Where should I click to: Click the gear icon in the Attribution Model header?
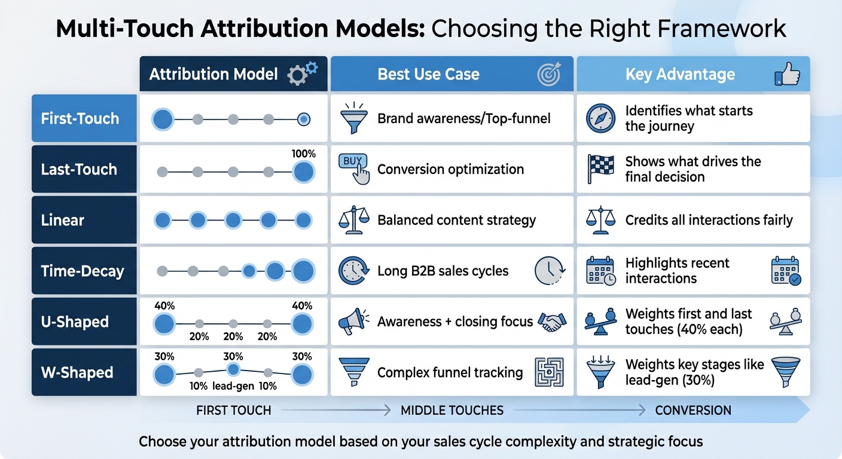pos(302,74)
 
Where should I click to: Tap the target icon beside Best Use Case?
pos(549,74)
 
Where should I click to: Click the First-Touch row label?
pos(80,118)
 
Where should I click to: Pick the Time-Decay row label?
pos(83,271)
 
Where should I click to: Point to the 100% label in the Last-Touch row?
pos(303,154)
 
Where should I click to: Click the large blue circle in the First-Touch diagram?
pos(162,120)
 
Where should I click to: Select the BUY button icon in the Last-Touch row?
pos(353,167)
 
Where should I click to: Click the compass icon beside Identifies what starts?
pos(600,118)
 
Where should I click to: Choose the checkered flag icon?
pos(600,169)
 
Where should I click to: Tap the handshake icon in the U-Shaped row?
pos(552,322)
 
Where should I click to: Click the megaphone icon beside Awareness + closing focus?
pos(353,322)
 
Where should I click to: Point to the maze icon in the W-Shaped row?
pos(549,372)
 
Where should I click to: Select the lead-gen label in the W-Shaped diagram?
pos(233,386)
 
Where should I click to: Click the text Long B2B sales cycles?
pos(443,271)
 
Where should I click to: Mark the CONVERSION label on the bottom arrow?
pos(693,411)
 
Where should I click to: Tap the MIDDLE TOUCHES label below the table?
pos(451,411)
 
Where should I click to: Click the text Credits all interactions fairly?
pos(709,220)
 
